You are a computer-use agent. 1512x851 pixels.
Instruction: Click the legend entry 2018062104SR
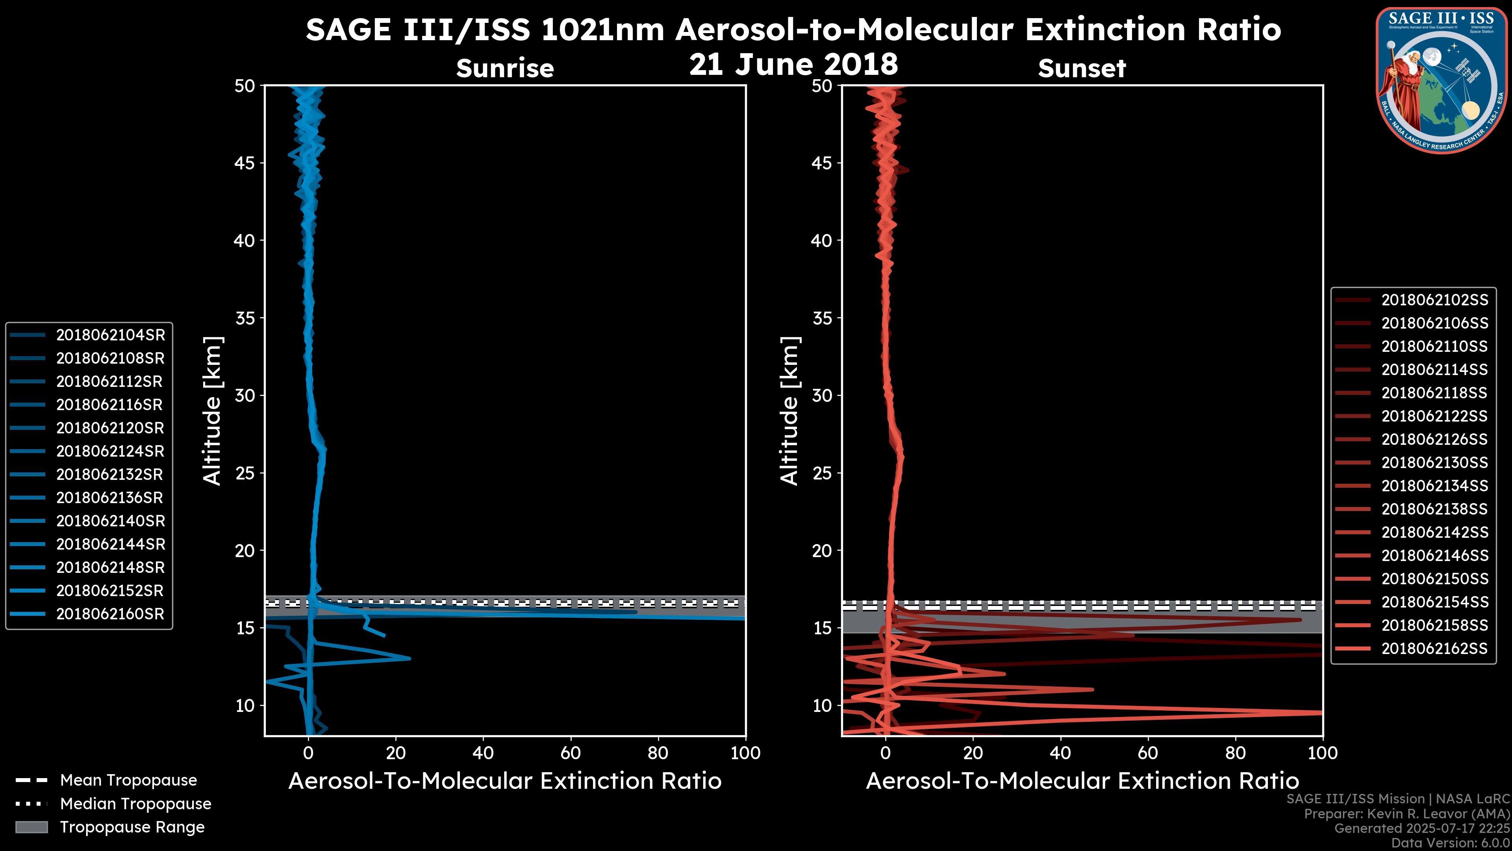110,335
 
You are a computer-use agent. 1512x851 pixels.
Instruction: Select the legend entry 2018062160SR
110,614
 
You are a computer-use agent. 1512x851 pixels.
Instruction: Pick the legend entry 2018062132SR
110,474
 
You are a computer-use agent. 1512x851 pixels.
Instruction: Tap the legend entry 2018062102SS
1434,300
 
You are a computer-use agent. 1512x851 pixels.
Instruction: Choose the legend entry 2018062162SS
1434,648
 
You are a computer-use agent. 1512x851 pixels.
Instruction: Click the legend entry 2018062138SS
1434,509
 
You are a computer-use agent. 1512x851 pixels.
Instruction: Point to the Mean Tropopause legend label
128,780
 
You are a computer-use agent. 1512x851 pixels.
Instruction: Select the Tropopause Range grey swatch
31,827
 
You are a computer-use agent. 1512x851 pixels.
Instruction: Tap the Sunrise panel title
505,69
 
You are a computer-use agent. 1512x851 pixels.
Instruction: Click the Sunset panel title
1082,69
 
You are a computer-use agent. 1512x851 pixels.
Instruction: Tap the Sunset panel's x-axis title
1082,781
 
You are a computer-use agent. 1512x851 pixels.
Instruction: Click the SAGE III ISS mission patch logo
1441,79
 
